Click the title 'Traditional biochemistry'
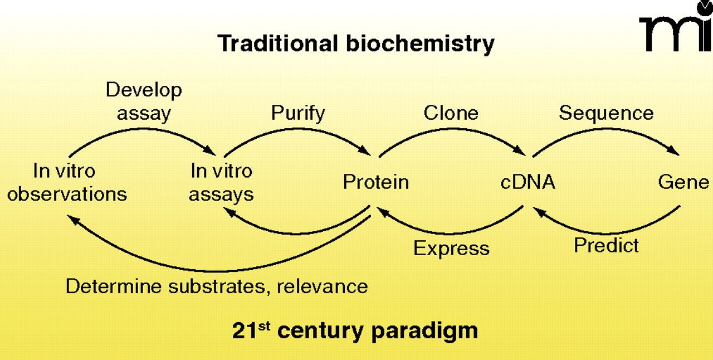pyautogui.click(x=355, y=43)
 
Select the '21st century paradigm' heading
pyautogui.click(x=355, y=330)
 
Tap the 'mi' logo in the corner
pyautogui.click(x=675, y=28)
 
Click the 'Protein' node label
pyautogui.click(x=376, y=182)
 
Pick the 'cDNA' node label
pyautogui.click(x=528, y=182)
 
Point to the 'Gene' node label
pyautogui.click(x=683, y=182)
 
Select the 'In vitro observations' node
pyautogui.click(x=67, y=182)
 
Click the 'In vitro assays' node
pyautogui.click(x=221, y=182)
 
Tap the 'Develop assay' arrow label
pyautogui.click(x=144, y=101)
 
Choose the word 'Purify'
pyautogui.click(x=298, y=113)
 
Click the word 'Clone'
pyautogui.click(x=451, y=113)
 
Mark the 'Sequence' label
pyautogui.click(x=606, y=113)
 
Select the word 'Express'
pyautogui.click(x=451, y=248)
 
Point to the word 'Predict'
pyautogui.click(x=607, y=245)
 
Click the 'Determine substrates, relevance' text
pyautogui.click(x=217, y=286)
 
